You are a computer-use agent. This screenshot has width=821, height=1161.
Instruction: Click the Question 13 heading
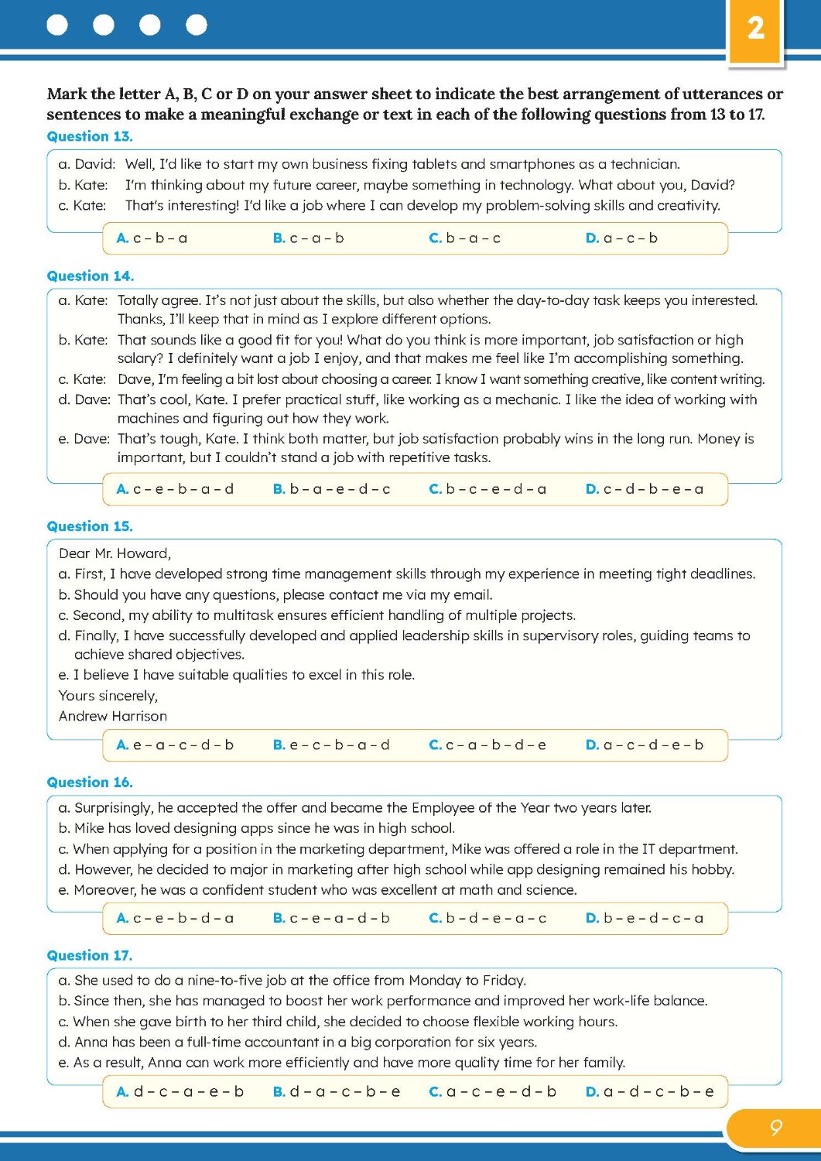coord(90,136)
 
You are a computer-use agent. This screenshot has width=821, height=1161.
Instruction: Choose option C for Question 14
coord(487,489)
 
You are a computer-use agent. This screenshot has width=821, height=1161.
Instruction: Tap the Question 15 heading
coord(90,526)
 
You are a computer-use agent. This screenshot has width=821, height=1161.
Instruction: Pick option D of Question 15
coord(645,745)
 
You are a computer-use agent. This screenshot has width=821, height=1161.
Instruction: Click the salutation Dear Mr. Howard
coord(115,553)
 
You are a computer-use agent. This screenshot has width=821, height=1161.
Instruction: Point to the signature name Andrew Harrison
coord(113,716)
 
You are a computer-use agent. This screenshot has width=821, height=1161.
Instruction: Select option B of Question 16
coord(331,919)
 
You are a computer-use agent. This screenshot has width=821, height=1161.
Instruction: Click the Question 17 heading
coord(90,955)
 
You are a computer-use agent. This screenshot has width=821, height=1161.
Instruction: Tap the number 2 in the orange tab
coord(755,29)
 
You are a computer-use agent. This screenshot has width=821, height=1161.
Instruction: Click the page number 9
coord(775,1128)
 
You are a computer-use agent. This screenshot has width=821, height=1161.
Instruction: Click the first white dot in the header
coord(57,26)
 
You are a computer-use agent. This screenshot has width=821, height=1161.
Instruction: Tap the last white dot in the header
coord(197,26)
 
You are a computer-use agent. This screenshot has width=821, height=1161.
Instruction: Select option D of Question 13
coord(621,238)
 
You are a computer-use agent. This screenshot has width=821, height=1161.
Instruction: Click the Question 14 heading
coord(90,276)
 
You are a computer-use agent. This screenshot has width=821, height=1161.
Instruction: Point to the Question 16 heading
coord(90,783)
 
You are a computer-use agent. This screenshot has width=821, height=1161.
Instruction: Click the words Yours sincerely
coord(108,696)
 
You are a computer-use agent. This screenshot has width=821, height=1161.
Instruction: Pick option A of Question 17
coord(180,1092)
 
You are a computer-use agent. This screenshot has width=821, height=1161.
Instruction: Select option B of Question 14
coord(331,489)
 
